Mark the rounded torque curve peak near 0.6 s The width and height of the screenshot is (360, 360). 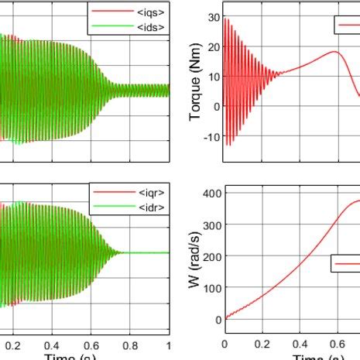(334, 53)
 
